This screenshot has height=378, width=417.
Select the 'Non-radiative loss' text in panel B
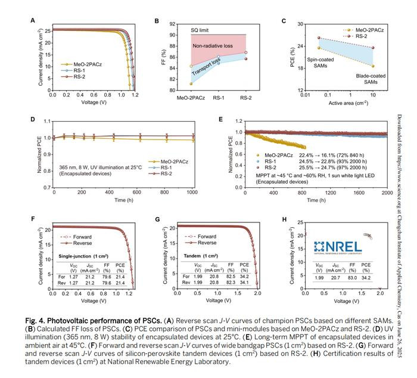[x=212, y=45]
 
